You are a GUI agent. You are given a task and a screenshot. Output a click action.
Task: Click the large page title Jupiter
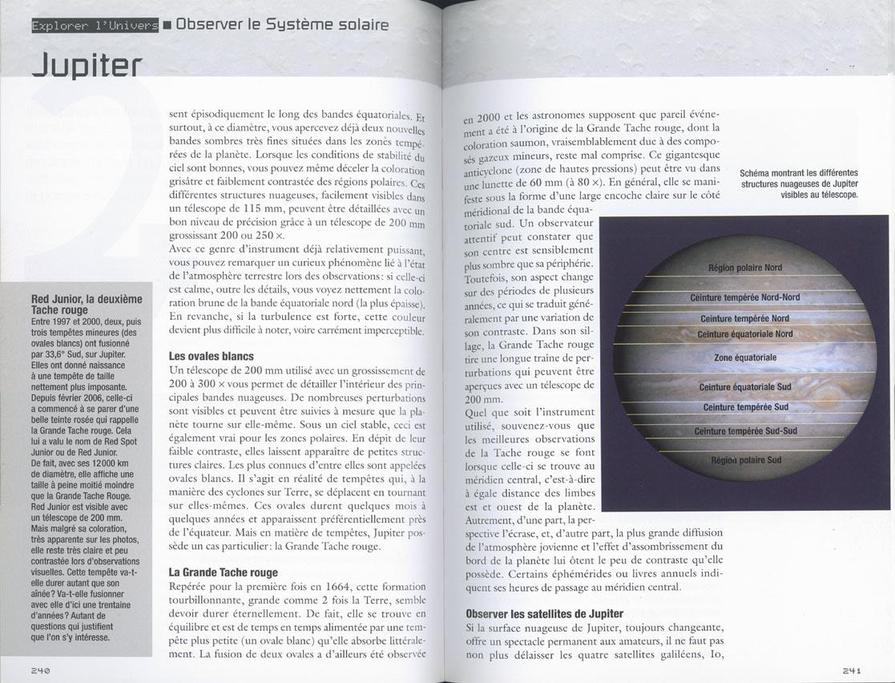click(87, 65)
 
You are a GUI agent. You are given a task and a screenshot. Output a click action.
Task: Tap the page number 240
click(42, 670)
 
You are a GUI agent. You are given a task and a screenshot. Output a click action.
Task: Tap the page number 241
click(852, 670)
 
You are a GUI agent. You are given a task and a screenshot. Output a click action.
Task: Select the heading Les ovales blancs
click(212, 356)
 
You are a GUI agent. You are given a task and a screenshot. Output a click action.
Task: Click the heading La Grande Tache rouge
click(224, 572)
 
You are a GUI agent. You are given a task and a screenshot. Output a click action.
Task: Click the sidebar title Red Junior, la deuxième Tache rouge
click(87, 305)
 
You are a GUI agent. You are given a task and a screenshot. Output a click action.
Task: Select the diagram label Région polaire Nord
click(745, 268)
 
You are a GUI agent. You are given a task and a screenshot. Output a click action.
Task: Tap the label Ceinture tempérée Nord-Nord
click(745, 297)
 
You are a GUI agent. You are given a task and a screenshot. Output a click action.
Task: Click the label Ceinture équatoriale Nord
click(745, 334)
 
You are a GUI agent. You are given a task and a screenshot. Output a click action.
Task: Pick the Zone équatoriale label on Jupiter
click(745, 358)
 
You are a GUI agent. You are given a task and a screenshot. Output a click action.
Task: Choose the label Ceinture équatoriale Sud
click(745, 387)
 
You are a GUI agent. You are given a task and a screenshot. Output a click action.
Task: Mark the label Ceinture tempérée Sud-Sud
click(745, 431)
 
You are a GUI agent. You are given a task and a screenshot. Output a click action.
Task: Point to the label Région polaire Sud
click(745, 461)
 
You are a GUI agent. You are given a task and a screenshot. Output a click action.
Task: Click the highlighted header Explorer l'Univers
click(95, 26)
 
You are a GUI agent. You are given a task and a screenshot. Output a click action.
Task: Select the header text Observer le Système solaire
click(282, 25)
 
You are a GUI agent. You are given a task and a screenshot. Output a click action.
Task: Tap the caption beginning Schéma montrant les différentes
click(798, 184)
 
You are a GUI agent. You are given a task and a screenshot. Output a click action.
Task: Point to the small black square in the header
click(167, 26)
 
